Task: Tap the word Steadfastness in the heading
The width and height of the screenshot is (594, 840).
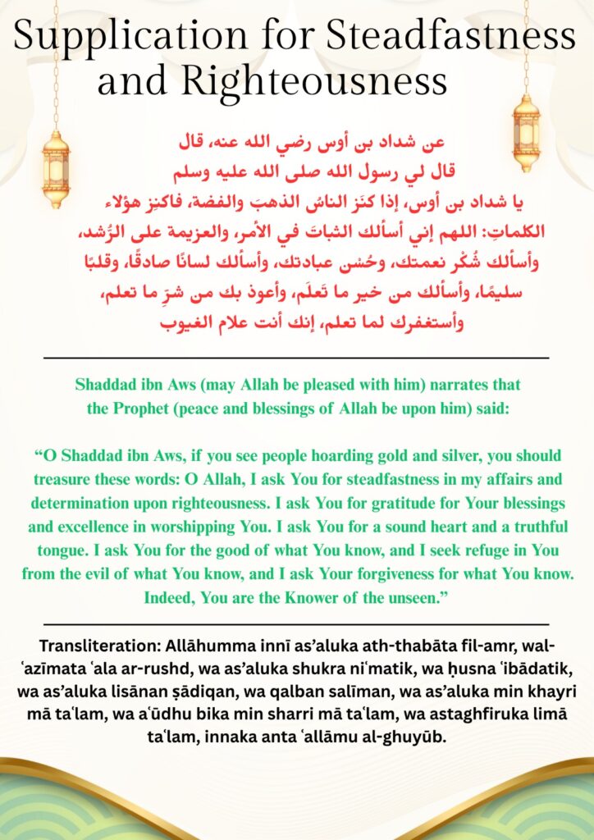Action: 450,37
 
